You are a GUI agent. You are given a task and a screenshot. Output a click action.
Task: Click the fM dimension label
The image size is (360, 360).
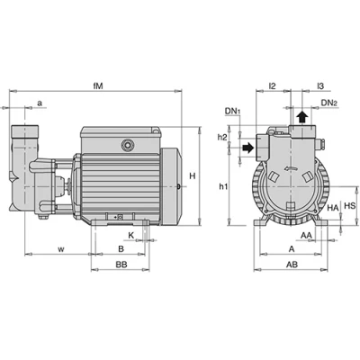pos(98,86)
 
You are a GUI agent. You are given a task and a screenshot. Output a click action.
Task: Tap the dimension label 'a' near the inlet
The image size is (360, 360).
pos(40,103)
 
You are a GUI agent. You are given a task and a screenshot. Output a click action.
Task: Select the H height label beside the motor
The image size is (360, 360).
pos(193,176)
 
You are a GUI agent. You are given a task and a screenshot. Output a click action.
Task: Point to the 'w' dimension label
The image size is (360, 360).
pos(61,249)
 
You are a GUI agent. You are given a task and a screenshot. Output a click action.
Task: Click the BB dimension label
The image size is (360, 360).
pos(121,265)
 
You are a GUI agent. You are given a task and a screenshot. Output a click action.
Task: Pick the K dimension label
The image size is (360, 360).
pos(131,236)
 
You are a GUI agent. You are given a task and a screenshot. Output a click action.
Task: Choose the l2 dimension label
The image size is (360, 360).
pos(272,86)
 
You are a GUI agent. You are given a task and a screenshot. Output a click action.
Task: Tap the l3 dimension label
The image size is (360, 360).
pos(320,86)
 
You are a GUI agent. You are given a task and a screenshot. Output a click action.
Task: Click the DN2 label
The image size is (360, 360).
pos(329,103)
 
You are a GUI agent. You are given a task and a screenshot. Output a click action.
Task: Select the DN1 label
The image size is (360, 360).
pos(233,112)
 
